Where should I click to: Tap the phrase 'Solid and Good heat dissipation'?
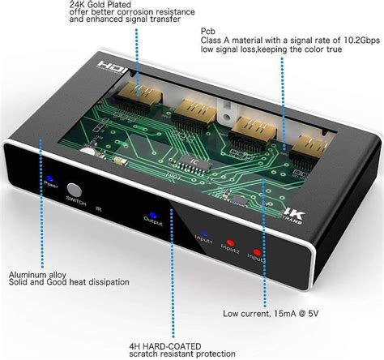click(69, 283)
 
